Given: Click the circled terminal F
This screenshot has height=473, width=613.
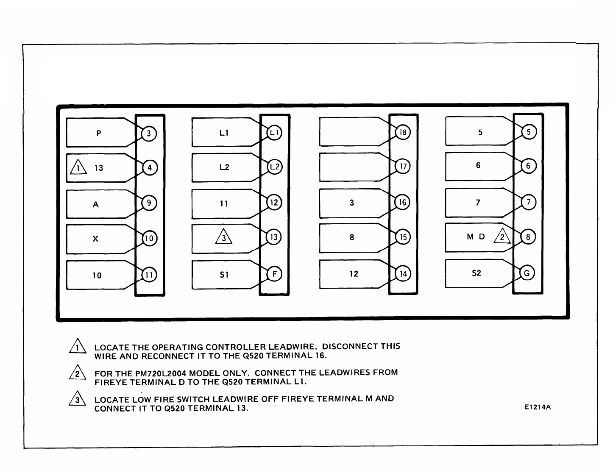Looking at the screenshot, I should click(274, 274).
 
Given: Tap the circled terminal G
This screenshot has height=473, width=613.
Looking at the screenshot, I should click(527, 273).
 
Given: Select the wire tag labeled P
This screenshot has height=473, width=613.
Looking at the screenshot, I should click(98, 133).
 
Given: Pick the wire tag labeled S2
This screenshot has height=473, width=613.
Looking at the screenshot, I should click(476, 273).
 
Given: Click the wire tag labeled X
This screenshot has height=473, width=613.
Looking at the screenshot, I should click(96, 239).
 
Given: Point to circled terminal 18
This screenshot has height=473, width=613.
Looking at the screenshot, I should click(403, 133).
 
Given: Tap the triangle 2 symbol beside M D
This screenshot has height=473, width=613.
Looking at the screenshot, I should click(502, 236).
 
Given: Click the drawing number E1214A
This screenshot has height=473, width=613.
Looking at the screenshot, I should click(537, 407).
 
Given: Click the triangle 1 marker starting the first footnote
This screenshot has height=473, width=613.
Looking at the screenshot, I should click(77, 348).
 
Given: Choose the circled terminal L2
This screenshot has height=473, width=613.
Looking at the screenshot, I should click(274, 167).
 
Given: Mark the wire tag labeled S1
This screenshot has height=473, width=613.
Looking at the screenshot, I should click(224, 275).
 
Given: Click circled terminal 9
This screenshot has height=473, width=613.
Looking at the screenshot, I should click(149, 203).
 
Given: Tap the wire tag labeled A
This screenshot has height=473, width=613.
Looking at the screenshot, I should click(96, 204).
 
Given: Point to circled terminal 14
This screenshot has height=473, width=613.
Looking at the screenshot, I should click(403, 274).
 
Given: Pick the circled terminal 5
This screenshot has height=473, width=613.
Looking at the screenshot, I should click(528, 132).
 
